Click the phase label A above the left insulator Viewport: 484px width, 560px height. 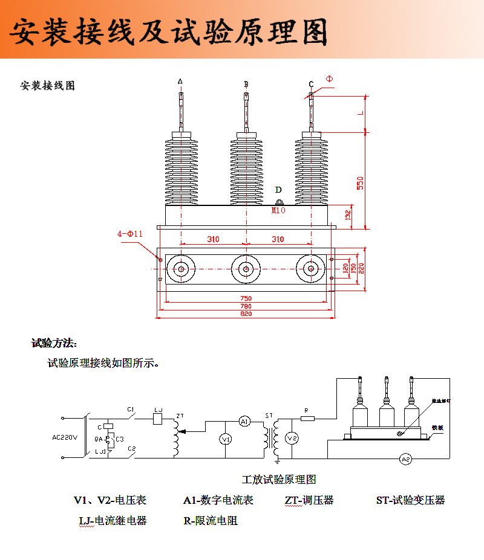pos(180,81)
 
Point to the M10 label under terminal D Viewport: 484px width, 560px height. pos(278,211)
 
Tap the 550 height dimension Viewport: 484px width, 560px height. pos(359,182)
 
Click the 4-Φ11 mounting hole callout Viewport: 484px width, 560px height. pos(130,234)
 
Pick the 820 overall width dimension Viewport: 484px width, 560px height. pos(246,314)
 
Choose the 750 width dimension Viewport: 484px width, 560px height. pos(246,298)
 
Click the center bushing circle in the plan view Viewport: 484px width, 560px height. pos(246,269)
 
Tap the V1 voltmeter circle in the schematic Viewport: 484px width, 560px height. pos(225,439)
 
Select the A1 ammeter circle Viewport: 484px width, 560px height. pos(244,421)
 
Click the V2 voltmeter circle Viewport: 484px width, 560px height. pos(292,437)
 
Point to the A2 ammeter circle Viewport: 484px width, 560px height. pos(406,460)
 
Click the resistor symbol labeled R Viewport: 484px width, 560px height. pos(308,417)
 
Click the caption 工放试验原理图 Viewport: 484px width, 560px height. pos(279,480)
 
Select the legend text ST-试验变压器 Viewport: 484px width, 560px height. pos(410,500)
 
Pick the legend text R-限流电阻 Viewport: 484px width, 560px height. pos(210,520)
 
